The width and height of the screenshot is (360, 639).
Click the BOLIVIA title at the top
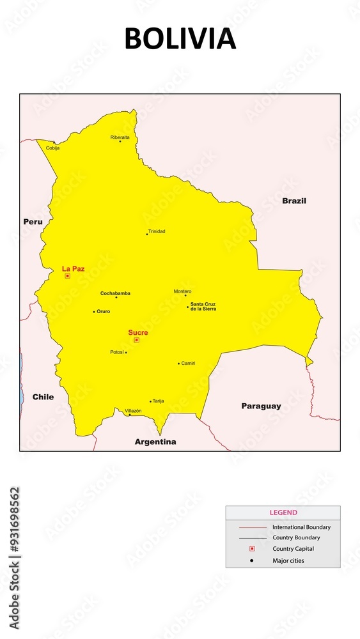coord(180,39)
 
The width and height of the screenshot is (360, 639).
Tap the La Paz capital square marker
coord(67,276)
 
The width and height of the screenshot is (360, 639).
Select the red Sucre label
coord(137,332)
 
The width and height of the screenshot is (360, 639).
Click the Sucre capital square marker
coord(136,340)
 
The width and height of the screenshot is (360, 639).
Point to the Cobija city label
coord(52,148)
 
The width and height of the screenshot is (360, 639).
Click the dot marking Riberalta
coord(120,141)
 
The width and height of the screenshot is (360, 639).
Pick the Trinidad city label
coord(157,231)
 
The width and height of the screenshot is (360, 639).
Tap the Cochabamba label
coord(115,293)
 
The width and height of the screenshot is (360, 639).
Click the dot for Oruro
coord(94,312)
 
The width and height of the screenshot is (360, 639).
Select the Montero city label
coord(182,291)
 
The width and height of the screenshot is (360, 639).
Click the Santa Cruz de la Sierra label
coord(203,306)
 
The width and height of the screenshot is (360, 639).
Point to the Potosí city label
coord(116,352)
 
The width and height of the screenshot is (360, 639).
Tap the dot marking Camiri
coord(178,364)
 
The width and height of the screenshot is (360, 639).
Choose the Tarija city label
coord(159,401)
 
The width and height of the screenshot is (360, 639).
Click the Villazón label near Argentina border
coord(133,410)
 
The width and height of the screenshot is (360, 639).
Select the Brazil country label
coord(294,201)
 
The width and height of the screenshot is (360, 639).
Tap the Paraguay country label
coord(261,406)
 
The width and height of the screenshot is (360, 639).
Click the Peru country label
coord(33,222)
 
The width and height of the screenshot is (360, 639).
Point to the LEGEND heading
coord(283,512)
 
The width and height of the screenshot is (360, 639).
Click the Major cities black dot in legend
coord(252,561)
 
